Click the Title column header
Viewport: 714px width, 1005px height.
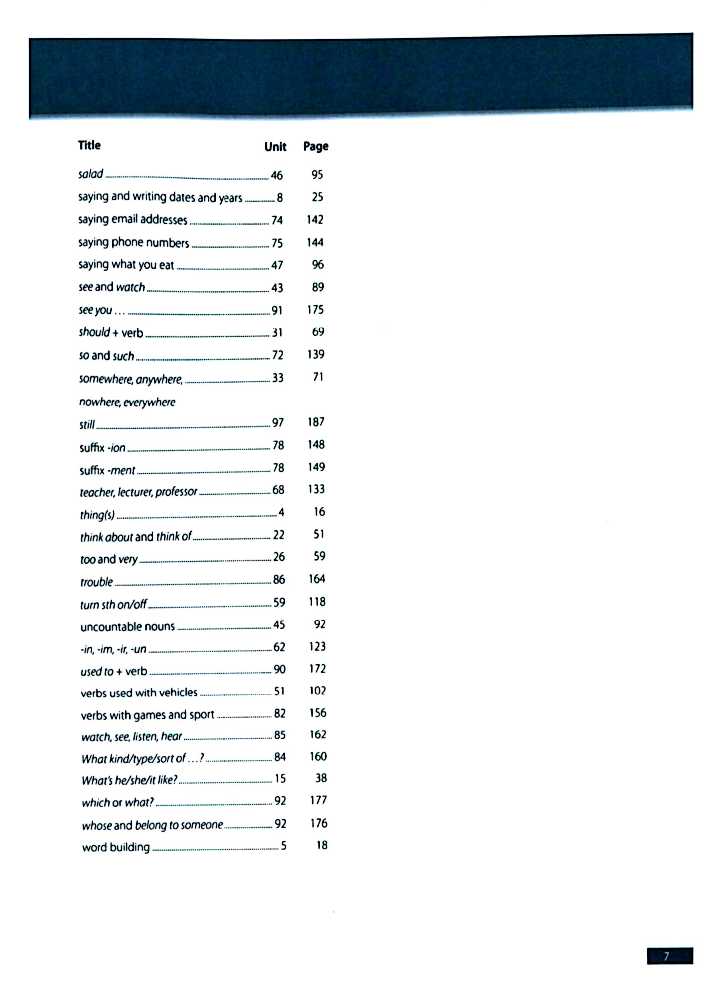tap(89, 145)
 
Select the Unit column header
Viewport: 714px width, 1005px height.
tap(275, 147)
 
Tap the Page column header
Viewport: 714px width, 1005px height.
tap(316, 146)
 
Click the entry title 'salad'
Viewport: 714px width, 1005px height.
tap(90, 174)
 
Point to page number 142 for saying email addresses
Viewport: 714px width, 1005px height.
tap(315, 219)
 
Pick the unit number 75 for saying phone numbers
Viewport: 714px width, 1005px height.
tap(277, 243)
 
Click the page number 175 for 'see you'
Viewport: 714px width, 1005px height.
tap(316, 310)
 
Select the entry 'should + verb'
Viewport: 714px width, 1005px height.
tap(111, 333)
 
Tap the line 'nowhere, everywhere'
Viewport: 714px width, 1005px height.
tap(127, 402)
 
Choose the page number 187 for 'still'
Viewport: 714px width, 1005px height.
tap(316, 422)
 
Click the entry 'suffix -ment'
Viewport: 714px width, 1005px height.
tap(107, 470)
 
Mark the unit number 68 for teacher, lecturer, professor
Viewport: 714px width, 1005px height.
tap(278, 490)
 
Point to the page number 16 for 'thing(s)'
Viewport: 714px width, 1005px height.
tap(319, 512)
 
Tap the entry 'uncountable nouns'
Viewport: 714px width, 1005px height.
tap(128, 626)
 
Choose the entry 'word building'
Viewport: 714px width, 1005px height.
tap(116, 847)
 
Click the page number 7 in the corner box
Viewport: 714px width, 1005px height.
tap(666, 956)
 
